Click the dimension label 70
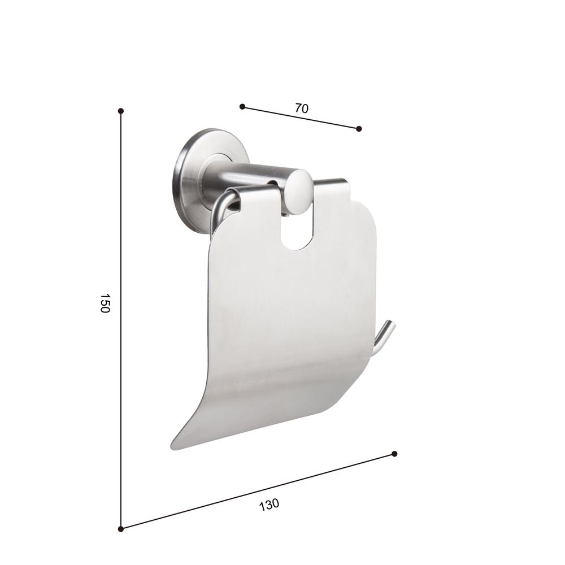pyautogui.click(x=302, y=108)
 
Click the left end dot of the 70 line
pyautogui.click(x=242, y=106)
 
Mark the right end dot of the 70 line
pyautogui.click(x=359, y=129)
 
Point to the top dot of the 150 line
pyautogui.click(x=121, y=111)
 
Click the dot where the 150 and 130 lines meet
pyautogui.click(x=121, y=528)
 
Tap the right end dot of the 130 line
pyautogui.click(x=394, y=454)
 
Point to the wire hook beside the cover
pyautogui.click(x=384, y=338)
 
